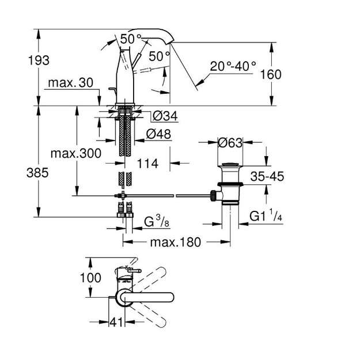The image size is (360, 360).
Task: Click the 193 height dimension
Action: click(x=39, y=60)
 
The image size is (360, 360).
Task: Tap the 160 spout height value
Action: click(x=271, y=74)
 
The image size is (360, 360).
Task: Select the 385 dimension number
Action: click(x=37, y=173)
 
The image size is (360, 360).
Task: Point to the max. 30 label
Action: click(x=71, y=82)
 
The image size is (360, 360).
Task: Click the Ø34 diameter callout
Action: click(x=165, y=115)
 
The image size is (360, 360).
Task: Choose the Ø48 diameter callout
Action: click(x=158, y=134)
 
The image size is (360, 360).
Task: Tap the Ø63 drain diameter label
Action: click(x=230, y=143)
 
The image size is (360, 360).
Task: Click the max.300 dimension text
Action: click(x=76, y=153)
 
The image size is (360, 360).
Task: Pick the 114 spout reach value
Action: click(x=147, y=164)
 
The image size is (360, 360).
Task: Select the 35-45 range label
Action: click(x=267, y=176)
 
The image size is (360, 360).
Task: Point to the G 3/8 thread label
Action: click(x=157, y=222)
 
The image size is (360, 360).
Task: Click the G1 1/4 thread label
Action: click(x=266, y=216)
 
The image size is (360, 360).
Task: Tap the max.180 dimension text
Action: click(x=176, y=242)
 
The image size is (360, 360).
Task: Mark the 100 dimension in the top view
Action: click(x=90, y=278)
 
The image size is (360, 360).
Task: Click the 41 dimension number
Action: click(x=116, y=322)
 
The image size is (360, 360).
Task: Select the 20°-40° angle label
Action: click(x=233, y=66)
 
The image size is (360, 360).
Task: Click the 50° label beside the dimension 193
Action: click(x=131, y=39)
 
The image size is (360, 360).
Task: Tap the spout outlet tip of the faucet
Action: click(x=171, y=42)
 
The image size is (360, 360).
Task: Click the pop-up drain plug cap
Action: click(x=230, y=164)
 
